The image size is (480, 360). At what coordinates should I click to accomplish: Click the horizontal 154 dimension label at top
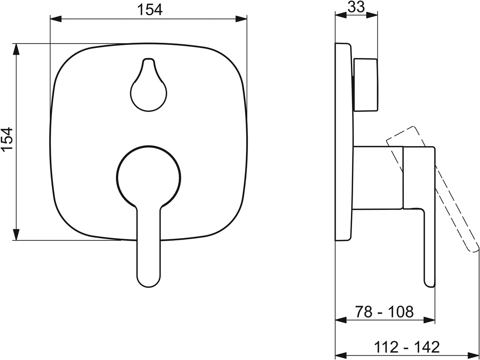[x=150, y=10]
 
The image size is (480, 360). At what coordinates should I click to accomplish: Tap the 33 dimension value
[x=356, y=7]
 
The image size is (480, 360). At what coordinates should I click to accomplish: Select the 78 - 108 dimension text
[x=384, y=312]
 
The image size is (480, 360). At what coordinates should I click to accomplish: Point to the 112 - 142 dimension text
[x=407, y=347]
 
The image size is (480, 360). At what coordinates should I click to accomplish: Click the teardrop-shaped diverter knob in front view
[x=149, y=85]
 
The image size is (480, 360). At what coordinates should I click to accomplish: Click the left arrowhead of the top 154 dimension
[x=56, y=19]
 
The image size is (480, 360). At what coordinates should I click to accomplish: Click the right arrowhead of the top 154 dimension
[x=241, y=19]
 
